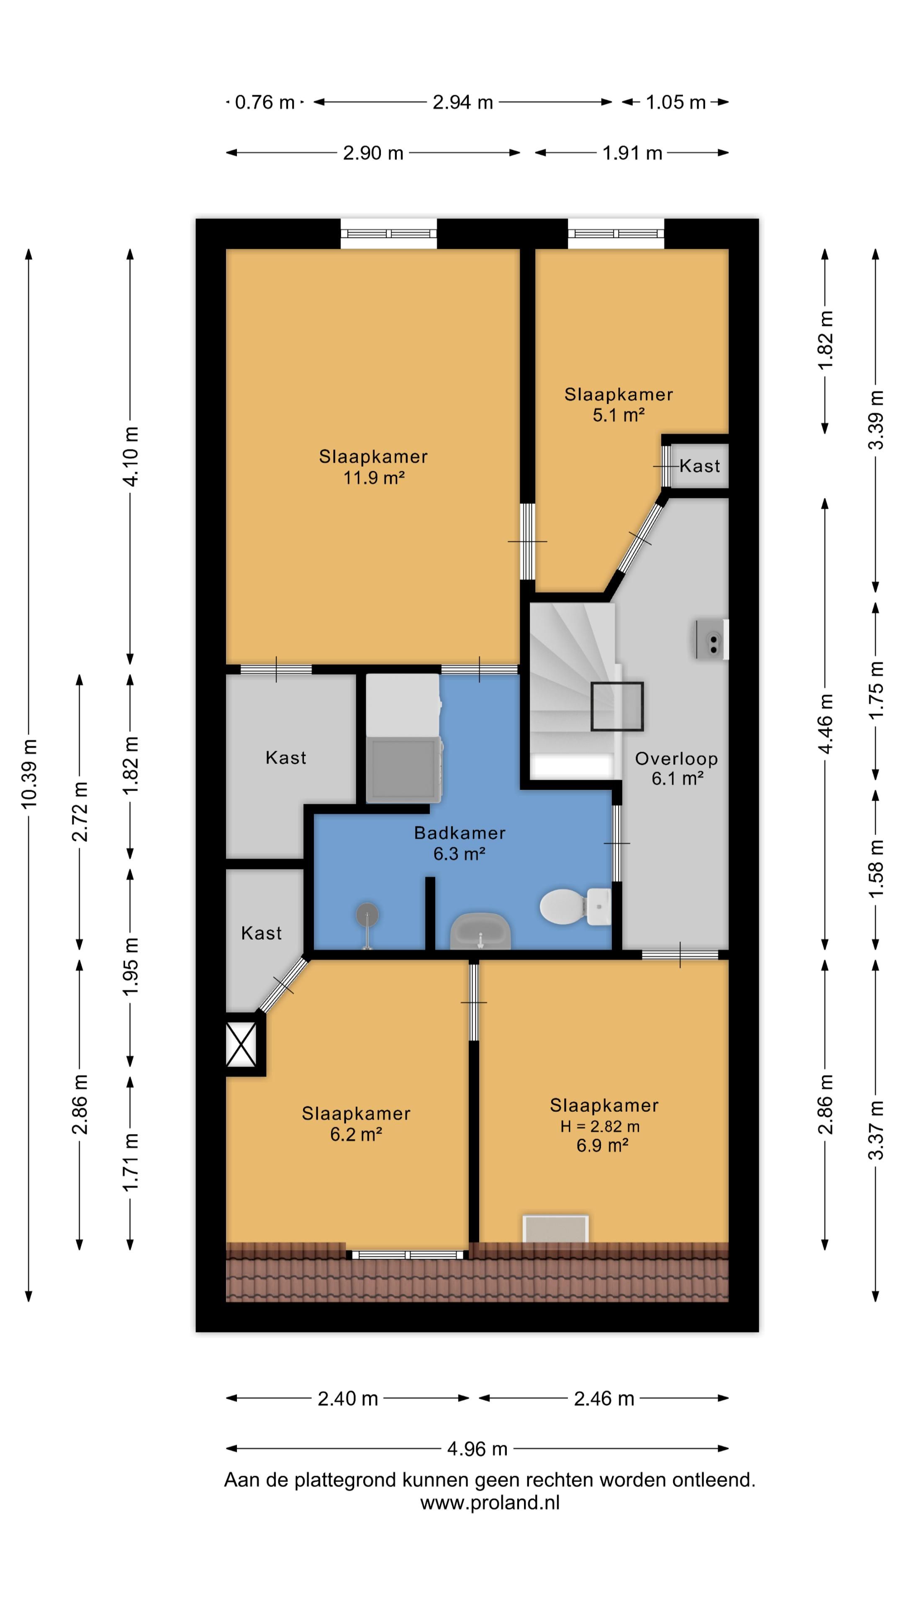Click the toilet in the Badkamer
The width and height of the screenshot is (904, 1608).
[575, 906]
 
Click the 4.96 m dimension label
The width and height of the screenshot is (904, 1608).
[477, 1449]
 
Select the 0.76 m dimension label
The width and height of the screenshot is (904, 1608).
[265, 102]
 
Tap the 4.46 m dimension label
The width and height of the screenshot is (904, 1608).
[825, 724]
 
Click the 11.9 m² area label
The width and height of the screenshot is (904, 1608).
[374, 478]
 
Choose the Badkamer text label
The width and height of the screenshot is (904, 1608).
[460, 833]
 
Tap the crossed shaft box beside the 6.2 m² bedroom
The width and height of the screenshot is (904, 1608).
[241, 1045]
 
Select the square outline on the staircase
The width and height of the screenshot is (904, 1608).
[617, 706]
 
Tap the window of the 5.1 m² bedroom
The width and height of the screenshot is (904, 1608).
[616, 234]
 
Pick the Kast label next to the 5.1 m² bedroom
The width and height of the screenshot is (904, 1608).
[700, 466]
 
